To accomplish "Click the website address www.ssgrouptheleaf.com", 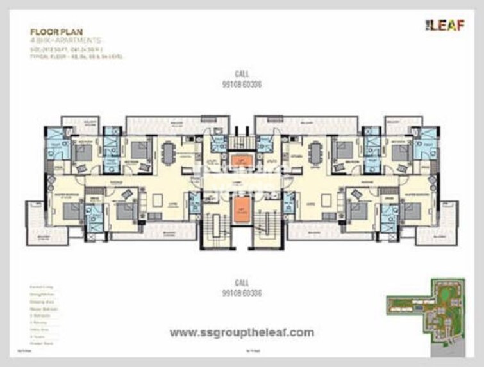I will (242, 332).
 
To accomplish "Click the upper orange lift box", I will (240, 160).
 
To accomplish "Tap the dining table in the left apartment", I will (168, 152).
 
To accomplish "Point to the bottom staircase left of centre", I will (215, 231).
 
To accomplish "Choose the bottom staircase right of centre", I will (264, 231).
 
